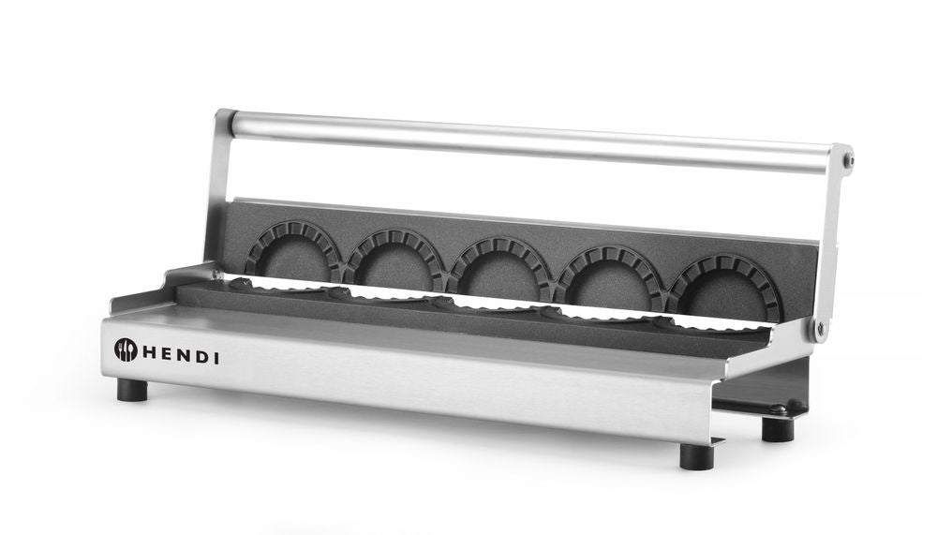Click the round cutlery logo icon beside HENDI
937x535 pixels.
(x=126, y=349)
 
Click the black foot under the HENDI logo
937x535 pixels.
(x=132, y=389)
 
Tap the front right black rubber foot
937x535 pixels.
(x=696, y=455)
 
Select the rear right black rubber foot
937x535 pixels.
(x=777, y=428)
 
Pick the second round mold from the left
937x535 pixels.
(x=394, y=260)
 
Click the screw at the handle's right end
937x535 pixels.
(x=847, y=160)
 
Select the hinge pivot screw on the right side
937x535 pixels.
(x=821, y=328)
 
